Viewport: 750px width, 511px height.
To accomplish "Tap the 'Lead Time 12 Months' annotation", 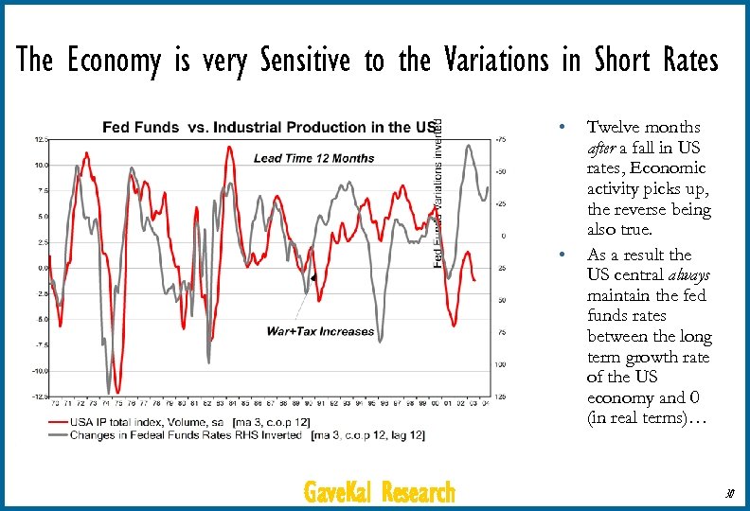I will (313, 158).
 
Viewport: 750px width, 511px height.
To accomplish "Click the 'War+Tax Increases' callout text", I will (321, 331).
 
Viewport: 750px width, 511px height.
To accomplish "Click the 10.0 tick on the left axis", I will (43, 165).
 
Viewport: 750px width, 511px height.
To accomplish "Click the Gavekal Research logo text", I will (379, 492).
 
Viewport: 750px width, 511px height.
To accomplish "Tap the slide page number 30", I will (729, 493).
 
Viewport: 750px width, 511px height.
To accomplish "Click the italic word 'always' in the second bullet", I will (689, 275).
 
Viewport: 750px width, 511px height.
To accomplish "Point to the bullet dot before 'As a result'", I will (562, 255).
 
